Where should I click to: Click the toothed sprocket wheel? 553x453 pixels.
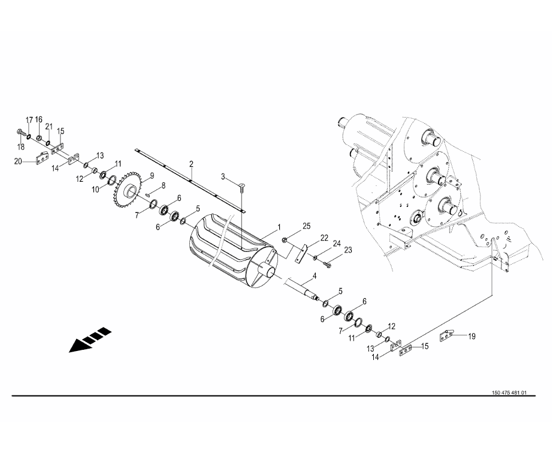(128, 190)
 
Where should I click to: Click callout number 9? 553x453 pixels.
(152, 175)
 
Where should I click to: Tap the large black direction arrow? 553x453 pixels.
(90, 340)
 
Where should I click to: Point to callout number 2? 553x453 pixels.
(191, 164)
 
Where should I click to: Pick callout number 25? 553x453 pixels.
(307, 226)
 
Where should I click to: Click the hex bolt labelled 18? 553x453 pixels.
(20, 133)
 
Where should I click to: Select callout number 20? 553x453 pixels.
(18, 161)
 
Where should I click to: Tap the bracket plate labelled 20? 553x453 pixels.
(43, 158)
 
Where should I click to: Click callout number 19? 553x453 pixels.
(472, 336)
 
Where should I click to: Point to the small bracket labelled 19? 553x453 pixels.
(446, 335)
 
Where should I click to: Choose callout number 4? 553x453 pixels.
(315, 276)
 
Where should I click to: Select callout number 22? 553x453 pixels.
(324, 238)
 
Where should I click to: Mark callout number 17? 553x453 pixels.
(29, 120)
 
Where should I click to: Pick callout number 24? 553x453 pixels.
(337, 243)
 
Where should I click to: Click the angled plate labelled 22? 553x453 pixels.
(301, 254)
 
